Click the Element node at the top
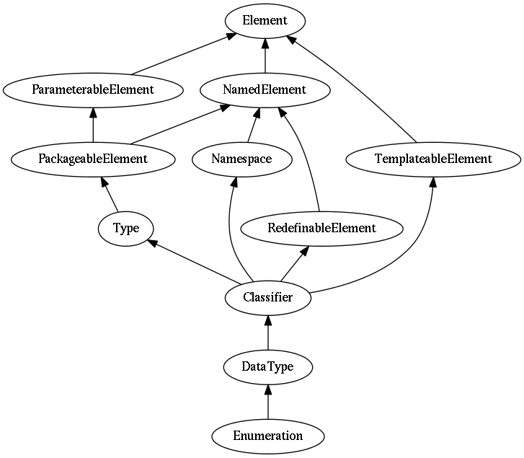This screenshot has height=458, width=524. pyautogui.click(x=265, y=21)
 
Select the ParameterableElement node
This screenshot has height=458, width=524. pyautogui.click(x=93, y=90)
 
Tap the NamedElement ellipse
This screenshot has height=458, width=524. pyautogui.click(x=265, y=90)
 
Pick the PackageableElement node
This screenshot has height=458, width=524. pyautogui.click(x=93, y=159)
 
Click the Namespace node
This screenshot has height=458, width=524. pyautogui.click(x=242, y=159)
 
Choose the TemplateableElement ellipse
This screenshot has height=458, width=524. pyautogui.click(x=433, y=159)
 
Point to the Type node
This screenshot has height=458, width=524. pyautogui.click(x=126, y=229)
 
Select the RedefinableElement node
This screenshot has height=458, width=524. pyautogui.click(x=321, y=229)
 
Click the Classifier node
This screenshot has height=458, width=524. pyautogui.click(x=268, y=298)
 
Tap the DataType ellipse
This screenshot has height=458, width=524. pyautogui.click(x=268, y=367)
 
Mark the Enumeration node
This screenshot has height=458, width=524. pyautogui.click(x=268, y=436)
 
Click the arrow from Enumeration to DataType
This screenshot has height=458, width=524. pyautogui.click(x=268, y=402)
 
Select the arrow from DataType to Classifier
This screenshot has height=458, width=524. pyautogui.click(x=268, y=333)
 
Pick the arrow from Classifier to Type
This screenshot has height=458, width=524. pyautogui.click(x=194, y=263)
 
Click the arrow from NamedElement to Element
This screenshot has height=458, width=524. pyautogui.click(x=265, y=56)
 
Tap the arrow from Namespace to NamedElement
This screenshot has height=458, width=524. pyautogui.click(x=253, y=125)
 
